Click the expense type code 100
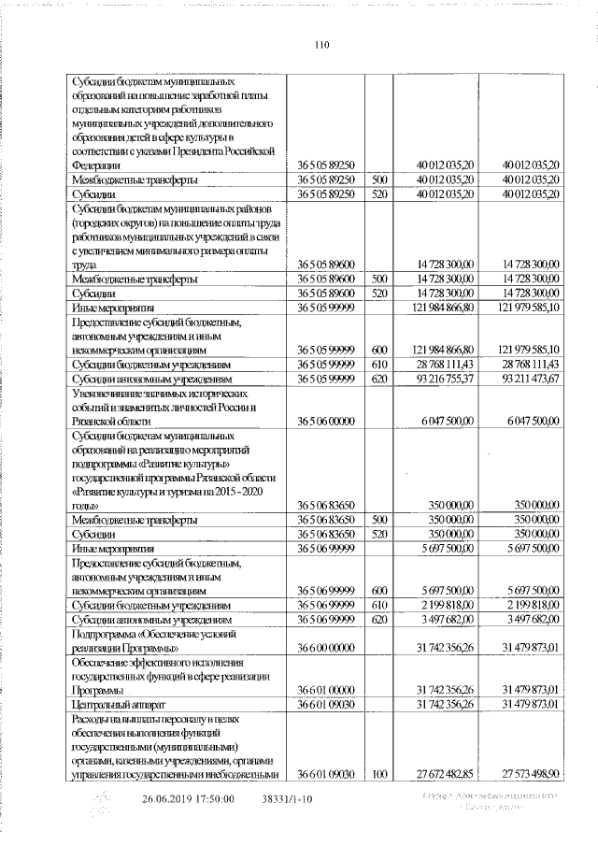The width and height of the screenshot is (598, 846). [x=379, y=774]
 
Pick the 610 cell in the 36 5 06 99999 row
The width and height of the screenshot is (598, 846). [x=379, y=605]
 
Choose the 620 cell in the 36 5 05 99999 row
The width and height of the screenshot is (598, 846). [x=379, y=380]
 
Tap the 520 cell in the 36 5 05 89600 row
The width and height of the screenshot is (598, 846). [x=379, y=294]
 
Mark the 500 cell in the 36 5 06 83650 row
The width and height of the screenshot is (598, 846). [x=379, y=520]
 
